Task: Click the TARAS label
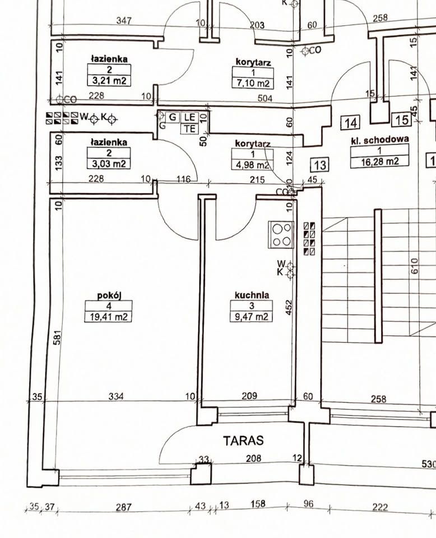pos(243,440)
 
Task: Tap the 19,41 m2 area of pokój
pos(108,317)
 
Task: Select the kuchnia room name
pos(252,295)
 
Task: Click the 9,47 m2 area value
pos(252,316)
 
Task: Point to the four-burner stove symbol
pos(281,235)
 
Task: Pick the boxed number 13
pos(319,165)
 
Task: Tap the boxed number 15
pos(402,120)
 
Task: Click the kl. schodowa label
pos(380,140)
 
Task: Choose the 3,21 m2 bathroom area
pos(109,81)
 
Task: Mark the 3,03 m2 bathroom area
pos(109,164)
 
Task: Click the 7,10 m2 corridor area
pos(253,84)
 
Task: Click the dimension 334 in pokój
pos(116,396)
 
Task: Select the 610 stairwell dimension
pos(414,266)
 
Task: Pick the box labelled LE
pos(190,117)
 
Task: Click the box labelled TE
pos(190,129)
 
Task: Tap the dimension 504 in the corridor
pos(265,99)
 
